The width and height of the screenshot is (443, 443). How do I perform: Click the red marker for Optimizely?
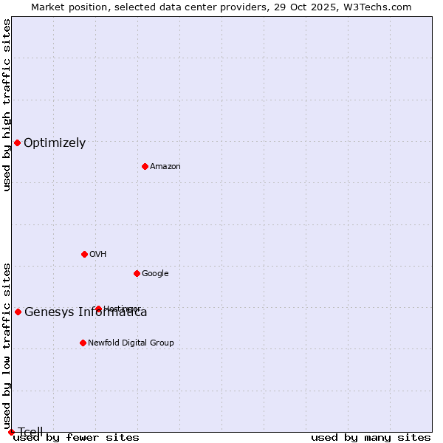pyautogui.click(x=17, y=142)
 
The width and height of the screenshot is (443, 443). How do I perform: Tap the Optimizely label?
pyautogui.click(x=55, y=143)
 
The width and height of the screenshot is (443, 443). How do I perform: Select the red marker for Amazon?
pyautogui.click(x=145, y=166)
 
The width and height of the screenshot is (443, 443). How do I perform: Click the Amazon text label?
pyautogui.click(x=165, y=167)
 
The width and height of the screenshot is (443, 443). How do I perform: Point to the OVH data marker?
pyautogui.click(x=84, y=254)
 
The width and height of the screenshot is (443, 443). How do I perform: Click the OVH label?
pyautogui.click(x=98, y=255)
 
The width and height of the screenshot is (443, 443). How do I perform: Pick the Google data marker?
pyautogui.click(x=137, y=273)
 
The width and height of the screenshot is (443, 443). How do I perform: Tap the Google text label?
pyautogui.click(x=155, y=274)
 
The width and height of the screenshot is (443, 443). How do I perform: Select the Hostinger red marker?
pyautogui.click(x=98, y=309)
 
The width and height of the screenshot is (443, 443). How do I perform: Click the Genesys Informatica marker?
pyautogui.click(x=18, y=312)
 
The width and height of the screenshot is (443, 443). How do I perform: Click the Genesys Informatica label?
pyautogui.click(x=86, y=312)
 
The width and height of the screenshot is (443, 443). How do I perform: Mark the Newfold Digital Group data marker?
pyautogui.click(x=83, y=343)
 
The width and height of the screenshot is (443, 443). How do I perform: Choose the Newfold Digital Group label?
pyautogui.click(x=131, y=343)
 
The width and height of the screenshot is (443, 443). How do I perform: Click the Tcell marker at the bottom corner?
pyautogui.click(x=11, y=432)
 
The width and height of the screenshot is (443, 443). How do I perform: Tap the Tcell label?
pyautogui.click(x=31, y=432)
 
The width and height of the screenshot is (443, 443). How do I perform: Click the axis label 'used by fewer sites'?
pyautogui.click(x=76, y=438)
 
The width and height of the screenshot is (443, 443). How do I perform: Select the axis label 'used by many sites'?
pyautogui.click(x=371, y=438)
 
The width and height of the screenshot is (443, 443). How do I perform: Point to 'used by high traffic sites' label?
pyautogui.click(x=7, y=105)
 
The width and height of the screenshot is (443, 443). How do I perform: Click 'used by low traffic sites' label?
pyautogui.click(x=7, y=346)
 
